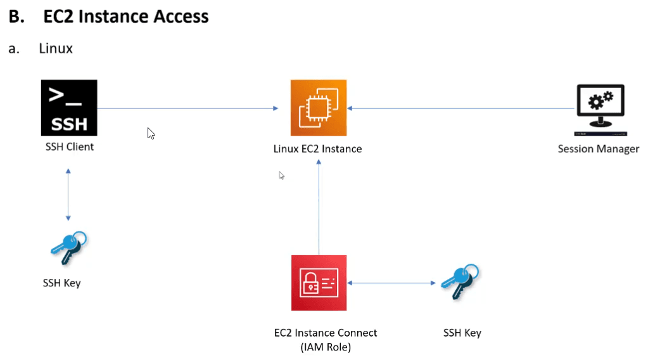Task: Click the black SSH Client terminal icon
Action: tap(69, 108)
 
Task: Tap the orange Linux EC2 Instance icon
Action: tap(319, 108)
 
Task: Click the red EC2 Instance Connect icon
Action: tap(319, 283)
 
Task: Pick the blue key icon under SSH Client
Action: tap(68, 247)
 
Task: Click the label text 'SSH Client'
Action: tap(69, 147)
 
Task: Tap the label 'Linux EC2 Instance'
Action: tap(317, 150)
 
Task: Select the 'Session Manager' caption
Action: tap(598, 150)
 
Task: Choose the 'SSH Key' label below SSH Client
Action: tap(62, 283)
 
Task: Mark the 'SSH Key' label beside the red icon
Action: tap(463, 333)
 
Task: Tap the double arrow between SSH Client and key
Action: tap(68, 194)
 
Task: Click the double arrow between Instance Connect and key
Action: tap(390, 283)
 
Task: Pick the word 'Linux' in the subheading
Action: tap(56, 48)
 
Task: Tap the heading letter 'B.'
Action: tap(16, 16)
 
